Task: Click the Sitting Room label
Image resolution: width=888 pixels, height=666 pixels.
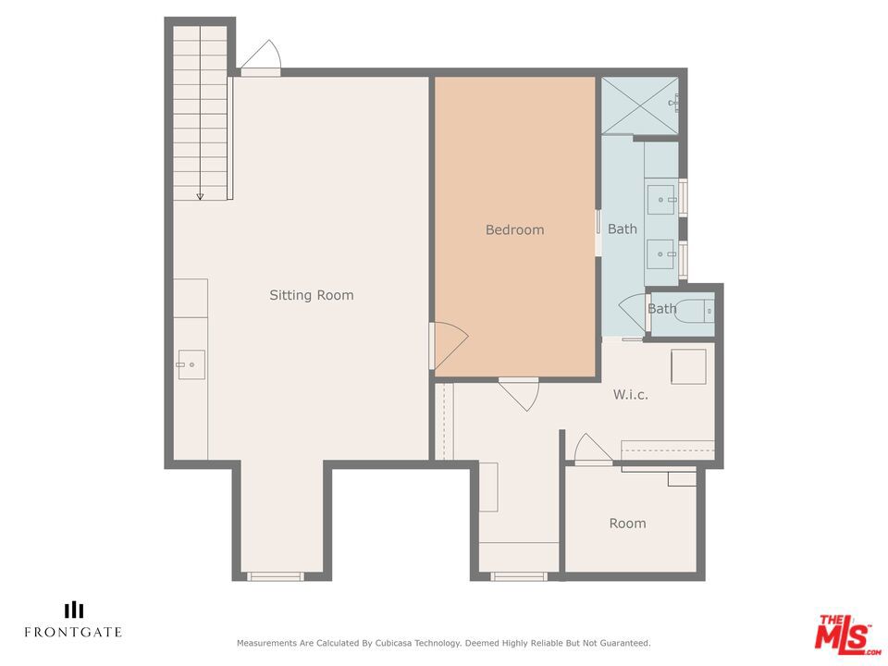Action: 312,295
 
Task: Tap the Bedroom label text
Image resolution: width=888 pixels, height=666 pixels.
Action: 515,229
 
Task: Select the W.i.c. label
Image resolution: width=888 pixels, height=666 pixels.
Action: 630,395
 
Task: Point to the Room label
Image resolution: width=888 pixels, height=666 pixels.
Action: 627,524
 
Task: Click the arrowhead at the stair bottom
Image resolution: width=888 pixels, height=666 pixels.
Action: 200,196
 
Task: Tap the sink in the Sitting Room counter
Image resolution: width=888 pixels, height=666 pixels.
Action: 191,364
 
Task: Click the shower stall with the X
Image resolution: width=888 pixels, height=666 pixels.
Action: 639,105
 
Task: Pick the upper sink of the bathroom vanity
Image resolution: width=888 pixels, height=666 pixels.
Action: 661,200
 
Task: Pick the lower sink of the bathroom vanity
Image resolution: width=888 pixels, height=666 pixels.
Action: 661,254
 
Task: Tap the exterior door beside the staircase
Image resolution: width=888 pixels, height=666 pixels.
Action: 262,56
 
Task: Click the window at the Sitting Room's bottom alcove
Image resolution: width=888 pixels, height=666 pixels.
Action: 276,576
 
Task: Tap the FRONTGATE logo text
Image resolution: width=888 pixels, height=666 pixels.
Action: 73,632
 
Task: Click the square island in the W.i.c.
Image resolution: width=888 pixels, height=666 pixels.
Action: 688,367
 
